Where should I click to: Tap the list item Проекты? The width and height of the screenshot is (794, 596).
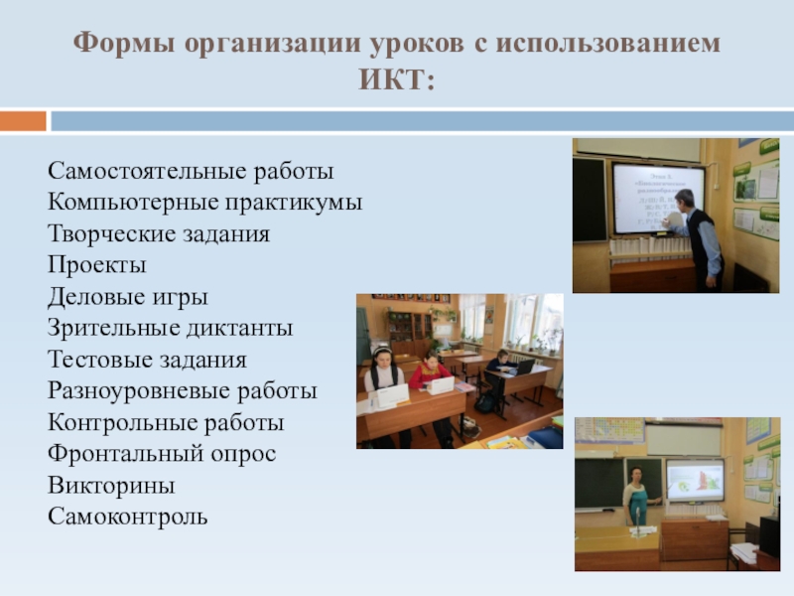click(x=97, y=265)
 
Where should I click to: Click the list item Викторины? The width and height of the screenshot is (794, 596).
click(x=111, y=486)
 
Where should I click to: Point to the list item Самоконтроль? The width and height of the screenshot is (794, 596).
click(x=128, y=517)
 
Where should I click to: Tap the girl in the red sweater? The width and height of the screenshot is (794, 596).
click(x=430, y=374)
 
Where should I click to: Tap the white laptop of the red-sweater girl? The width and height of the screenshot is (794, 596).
click(x=438, y=384)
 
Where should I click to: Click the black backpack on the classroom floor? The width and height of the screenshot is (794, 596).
click(x=485, y=401)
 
